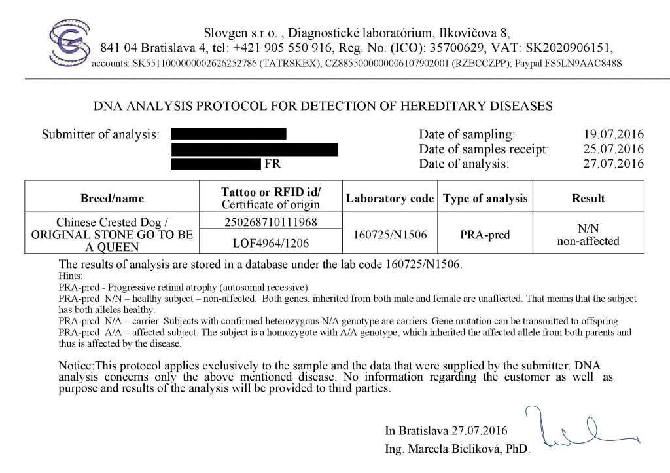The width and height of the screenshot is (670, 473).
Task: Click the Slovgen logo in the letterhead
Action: coord(69,43)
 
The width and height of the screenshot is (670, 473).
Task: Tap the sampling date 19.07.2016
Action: coord(613,134)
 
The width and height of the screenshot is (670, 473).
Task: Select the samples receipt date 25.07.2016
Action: coord(613,149)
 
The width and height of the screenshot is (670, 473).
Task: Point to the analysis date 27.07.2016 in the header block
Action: coord(613,164)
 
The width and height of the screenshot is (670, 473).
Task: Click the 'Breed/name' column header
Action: coord(112,198)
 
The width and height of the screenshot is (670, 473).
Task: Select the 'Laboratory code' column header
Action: coord(390,198)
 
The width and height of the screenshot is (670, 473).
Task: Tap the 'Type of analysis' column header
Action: coord(485,198)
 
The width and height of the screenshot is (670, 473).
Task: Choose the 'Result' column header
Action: coord(588,198)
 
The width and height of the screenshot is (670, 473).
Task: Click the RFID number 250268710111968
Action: coord(270,222)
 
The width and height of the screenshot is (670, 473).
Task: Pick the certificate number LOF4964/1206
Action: coord(270,243)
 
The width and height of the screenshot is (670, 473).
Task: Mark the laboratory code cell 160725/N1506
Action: coord(390,233)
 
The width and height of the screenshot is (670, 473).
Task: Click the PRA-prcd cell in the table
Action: coord(485,233)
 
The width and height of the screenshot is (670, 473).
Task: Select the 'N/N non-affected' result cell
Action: coord(588,235)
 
